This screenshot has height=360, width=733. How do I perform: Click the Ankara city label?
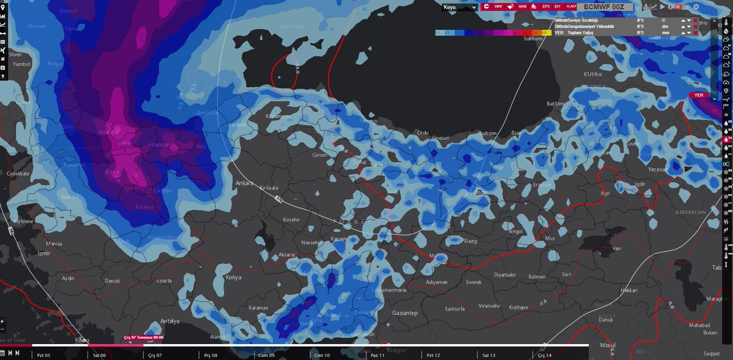[x=244, y=183]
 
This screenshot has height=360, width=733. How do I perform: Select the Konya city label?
[x=233, y=277]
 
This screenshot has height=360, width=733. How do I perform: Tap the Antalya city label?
[x=169, y=321]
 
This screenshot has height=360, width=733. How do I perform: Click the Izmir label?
[x=43, y=252]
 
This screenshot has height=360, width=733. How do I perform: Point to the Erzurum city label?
[x=542, y=185]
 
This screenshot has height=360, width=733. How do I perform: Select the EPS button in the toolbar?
[x=545, y=7]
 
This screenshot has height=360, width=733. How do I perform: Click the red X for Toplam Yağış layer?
[x=695, y=32]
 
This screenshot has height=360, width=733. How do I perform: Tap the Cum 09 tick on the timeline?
[x=266, y=354]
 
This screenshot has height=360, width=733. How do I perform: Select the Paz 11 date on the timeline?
[x=377, y=354]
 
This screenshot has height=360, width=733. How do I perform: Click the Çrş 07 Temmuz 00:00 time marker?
[x=143, y=337]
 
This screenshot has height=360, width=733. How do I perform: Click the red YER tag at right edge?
[x=699, y=95]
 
